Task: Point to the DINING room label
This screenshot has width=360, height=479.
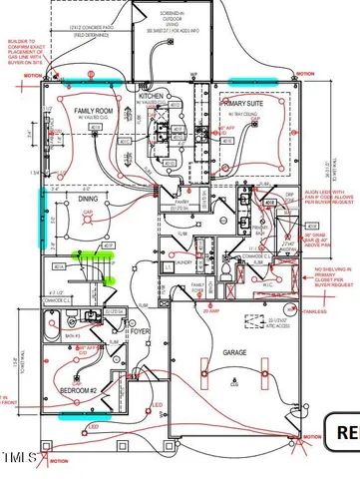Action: tap(89, 199)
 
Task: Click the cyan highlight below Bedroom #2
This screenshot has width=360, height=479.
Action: tap(80, 413)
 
